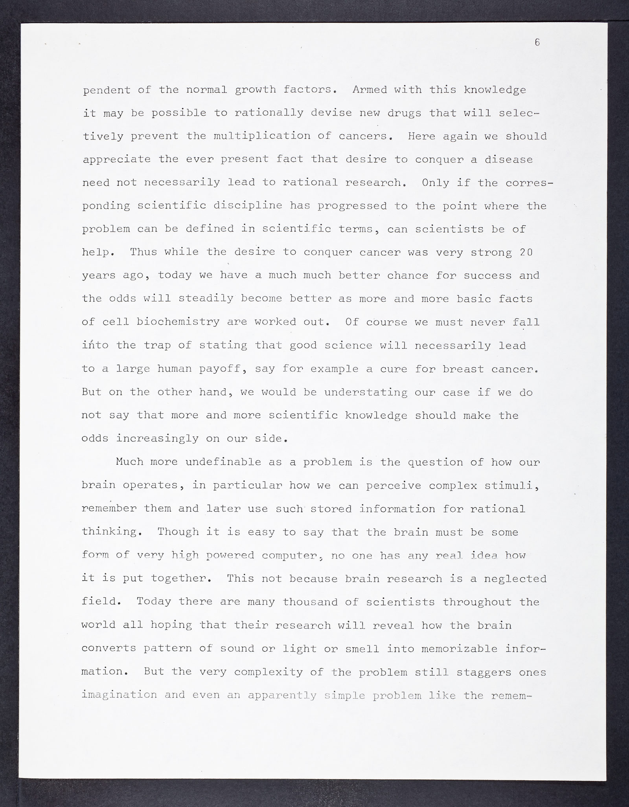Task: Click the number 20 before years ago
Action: [x=526, y=252]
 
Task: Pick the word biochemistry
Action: [x=178, y=322]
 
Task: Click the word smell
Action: [x=362, y=649]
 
